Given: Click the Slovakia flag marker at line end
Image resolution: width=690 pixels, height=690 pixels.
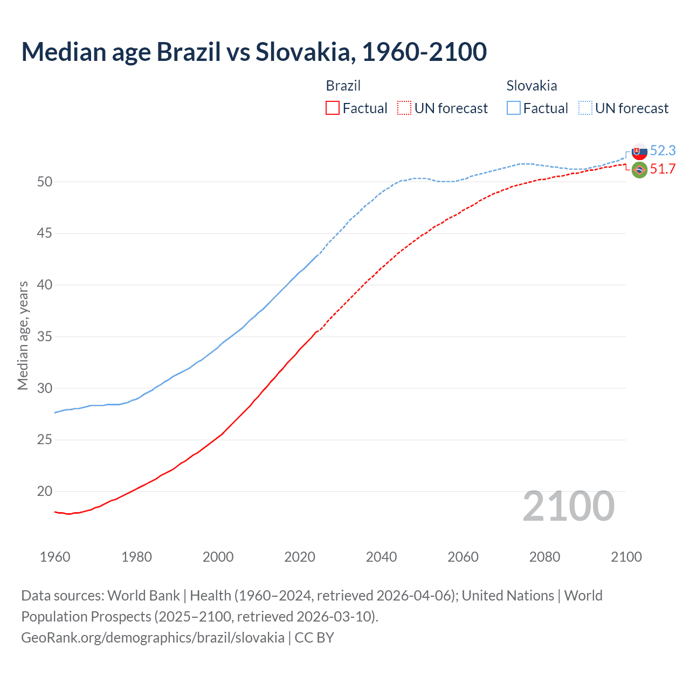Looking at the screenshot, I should coord(639,152).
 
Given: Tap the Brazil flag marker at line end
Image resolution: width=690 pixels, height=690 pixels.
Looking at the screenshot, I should coord(639,170).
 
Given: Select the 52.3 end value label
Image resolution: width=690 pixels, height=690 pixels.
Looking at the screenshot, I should coord(663,151).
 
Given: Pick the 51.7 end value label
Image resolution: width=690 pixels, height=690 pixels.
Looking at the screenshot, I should coord(663,169).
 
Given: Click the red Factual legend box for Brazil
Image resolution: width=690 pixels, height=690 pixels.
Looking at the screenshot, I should coord(333,108).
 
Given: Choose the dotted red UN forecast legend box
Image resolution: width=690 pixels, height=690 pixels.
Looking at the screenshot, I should coord(404,108).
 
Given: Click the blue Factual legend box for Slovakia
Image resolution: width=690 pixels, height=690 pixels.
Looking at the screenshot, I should coord(514,108).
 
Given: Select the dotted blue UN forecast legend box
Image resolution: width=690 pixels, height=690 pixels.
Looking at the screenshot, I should coord(585,108).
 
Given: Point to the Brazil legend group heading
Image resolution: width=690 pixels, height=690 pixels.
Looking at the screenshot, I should coord(343,86).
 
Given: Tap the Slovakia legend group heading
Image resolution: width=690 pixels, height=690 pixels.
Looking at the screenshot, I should coord(532,86).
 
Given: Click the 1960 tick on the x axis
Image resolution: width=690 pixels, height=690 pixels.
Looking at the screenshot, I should coord(55,557).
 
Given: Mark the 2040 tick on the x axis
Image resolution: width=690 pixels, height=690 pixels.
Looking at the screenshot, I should coord(381,557).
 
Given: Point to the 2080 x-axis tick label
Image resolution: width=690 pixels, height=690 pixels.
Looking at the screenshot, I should coord(544,557).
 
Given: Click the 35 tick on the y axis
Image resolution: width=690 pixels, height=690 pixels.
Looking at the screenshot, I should coord(45,337).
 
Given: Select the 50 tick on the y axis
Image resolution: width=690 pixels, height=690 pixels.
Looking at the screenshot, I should coord(45,182).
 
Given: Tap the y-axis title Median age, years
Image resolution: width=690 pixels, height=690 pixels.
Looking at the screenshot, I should coord(23,335).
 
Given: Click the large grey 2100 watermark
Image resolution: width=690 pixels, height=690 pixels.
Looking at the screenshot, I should coord(569,506).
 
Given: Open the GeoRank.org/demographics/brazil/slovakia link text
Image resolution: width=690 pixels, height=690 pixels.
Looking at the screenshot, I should coord(153,638).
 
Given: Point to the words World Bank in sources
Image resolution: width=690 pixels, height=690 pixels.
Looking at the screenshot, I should coord(143,596).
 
